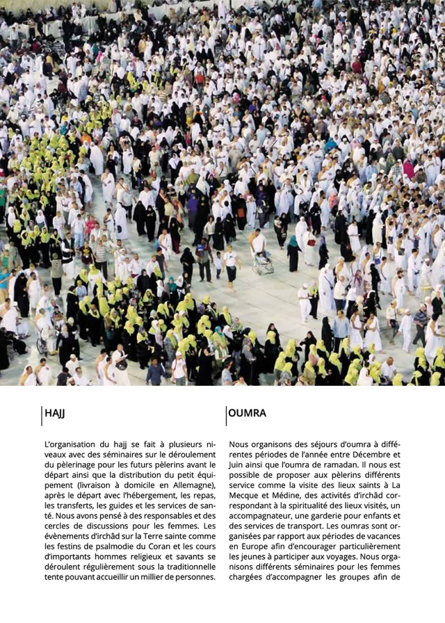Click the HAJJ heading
54,414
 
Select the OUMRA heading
247,414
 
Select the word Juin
238,464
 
